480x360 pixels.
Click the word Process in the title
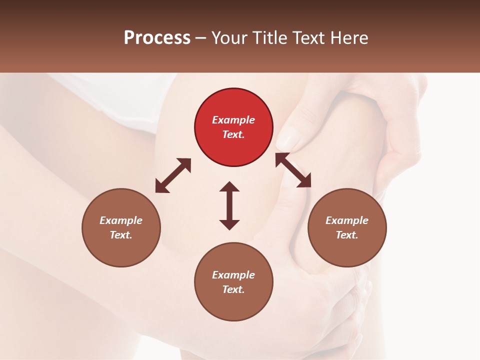157,38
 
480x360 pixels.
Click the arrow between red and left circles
173,175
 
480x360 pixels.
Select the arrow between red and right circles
293,170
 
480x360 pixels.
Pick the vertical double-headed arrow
229,205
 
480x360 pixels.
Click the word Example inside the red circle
233,120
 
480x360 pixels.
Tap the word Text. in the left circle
121,235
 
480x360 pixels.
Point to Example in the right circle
347,220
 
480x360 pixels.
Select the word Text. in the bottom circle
233,289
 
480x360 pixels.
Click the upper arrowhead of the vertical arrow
229,186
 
